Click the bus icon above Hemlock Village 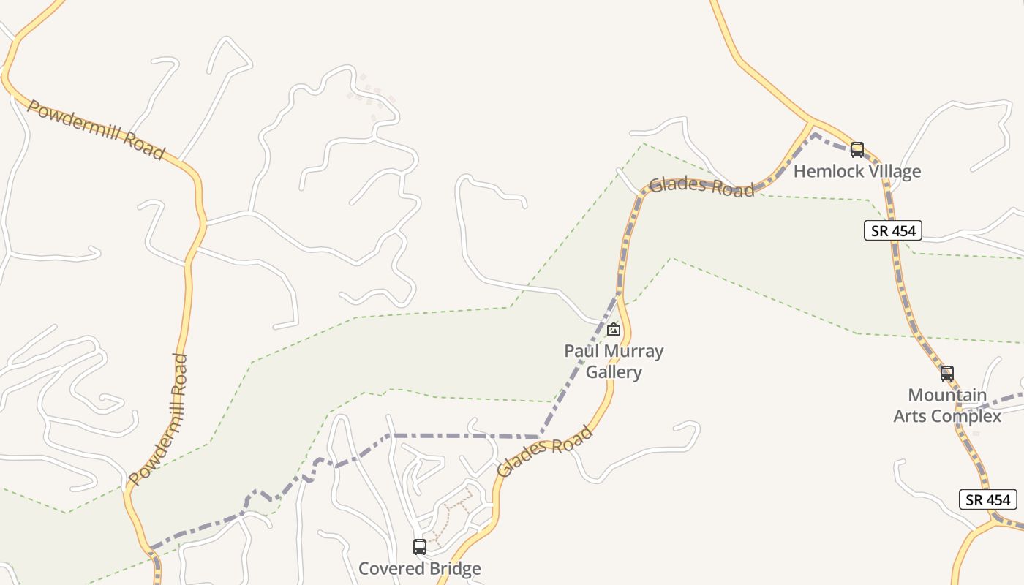tap(857, 150)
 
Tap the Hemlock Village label tap(857, 171)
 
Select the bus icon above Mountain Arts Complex tap(947, 374)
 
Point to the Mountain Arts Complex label tap(947, 406)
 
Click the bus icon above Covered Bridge tap(420, 547)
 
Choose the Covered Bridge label tap(420, 568)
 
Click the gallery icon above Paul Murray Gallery tap(614, 329)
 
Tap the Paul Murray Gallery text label tap(614, 361)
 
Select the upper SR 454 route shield tap(892, 231)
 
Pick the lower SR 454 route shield tap(988, 500)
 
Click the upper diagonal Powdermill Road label tap(95, 129)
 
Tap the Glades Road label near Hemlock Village tap(701, 186)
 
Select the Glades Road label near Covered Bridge tap(544, 452)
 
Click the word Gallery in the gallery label tap(614, 372)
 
